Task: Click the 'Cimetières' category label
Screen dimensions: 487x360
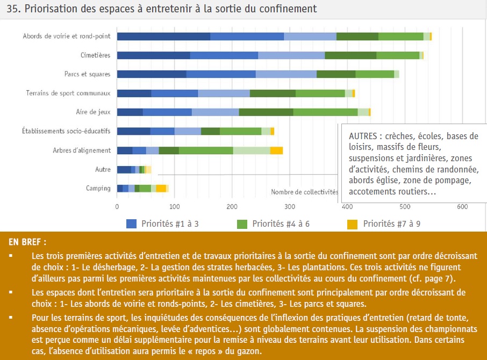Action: pos(95,55)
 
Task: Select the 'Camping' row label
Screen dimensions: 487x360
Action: pos(98,189)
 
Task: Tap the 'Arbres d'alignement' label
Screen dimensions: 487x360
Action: pos(82,150)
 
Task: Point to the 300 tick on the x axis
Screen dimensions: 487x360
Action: pos(290,207)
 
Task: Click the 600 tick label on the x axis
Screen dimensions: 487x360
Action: pos(462,207)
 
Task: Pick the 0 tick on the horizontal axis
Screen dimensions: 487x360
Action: pos(117,207)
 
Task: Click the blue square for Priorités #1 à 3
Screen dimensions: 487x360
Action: pos(131,224)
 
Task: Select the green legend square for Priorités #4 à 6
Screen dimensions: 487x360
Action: pos(242,224)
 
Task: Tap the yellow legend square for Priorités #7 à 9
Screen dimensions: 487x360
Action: pos(353,224)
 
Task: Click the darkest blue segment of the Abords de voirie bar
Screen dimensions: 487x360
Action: pos(164,37)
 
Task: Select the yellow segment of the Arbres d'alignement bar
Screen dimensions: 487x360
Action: pos(276,150)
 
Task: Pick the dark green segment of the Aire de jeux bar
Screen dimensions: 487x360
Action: pos(266,112)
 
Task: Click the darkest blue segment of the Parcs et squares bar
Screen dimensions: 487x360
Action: pos(152,74)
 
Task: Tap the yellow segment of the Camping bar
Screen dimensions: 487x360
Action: pos(161,189)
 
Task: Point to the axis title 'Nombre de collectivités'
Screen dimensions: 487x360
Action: pos(304,192)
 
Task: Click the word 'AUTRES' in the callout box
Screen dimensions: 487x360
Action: pos(363,136)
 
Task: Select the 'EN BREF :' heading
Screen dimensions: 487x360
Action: pos(27,242)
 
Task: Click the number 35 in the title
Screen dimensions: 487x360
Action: pos(13,9)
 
